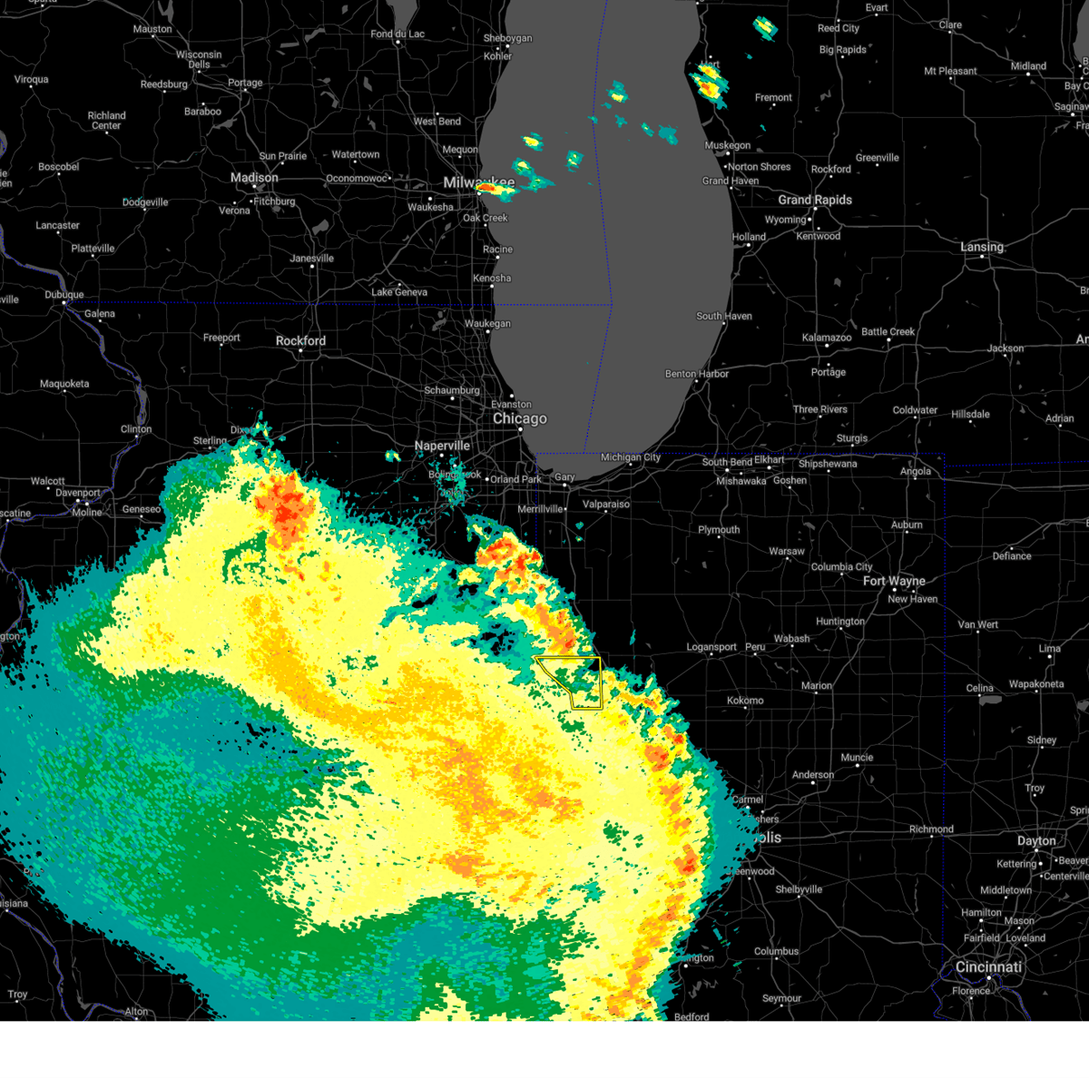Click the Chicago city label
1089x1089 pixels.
(520, 418)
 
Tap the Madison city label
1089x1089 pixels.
(254, 178)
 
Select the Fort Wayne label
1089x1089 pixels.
(894, 581)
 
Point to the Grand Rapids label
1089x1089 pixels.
(815, 200)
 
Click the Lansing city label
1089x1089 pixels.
(982, 247)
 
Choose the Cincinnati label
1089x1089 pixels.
(988, 967)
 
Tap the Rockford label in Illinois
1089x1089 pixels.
(300, 341)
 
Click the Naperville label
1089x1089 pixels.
(442, 446)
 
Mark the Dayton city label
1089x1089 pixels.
(1036, 841)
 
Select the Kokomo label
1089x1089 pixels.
(745, 701)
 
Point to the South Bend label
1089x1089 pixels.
(727, 462)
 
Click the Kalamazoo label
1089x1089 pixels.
(827, 338)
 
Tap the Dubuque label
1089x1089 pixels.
(64, 295)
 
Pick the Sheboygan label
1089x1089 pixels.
(507, 38)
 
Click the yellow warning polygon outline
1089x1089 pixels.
(600, 681)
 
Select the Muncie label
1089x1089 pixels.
(857, 758)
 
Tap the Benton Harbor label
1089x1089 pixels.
(697, 374)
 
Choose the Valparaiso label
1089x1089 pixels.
(606, 505)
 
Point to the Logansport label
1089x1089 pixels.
(711, 647)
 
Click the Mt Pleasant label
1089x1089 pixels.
(950, 71)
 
